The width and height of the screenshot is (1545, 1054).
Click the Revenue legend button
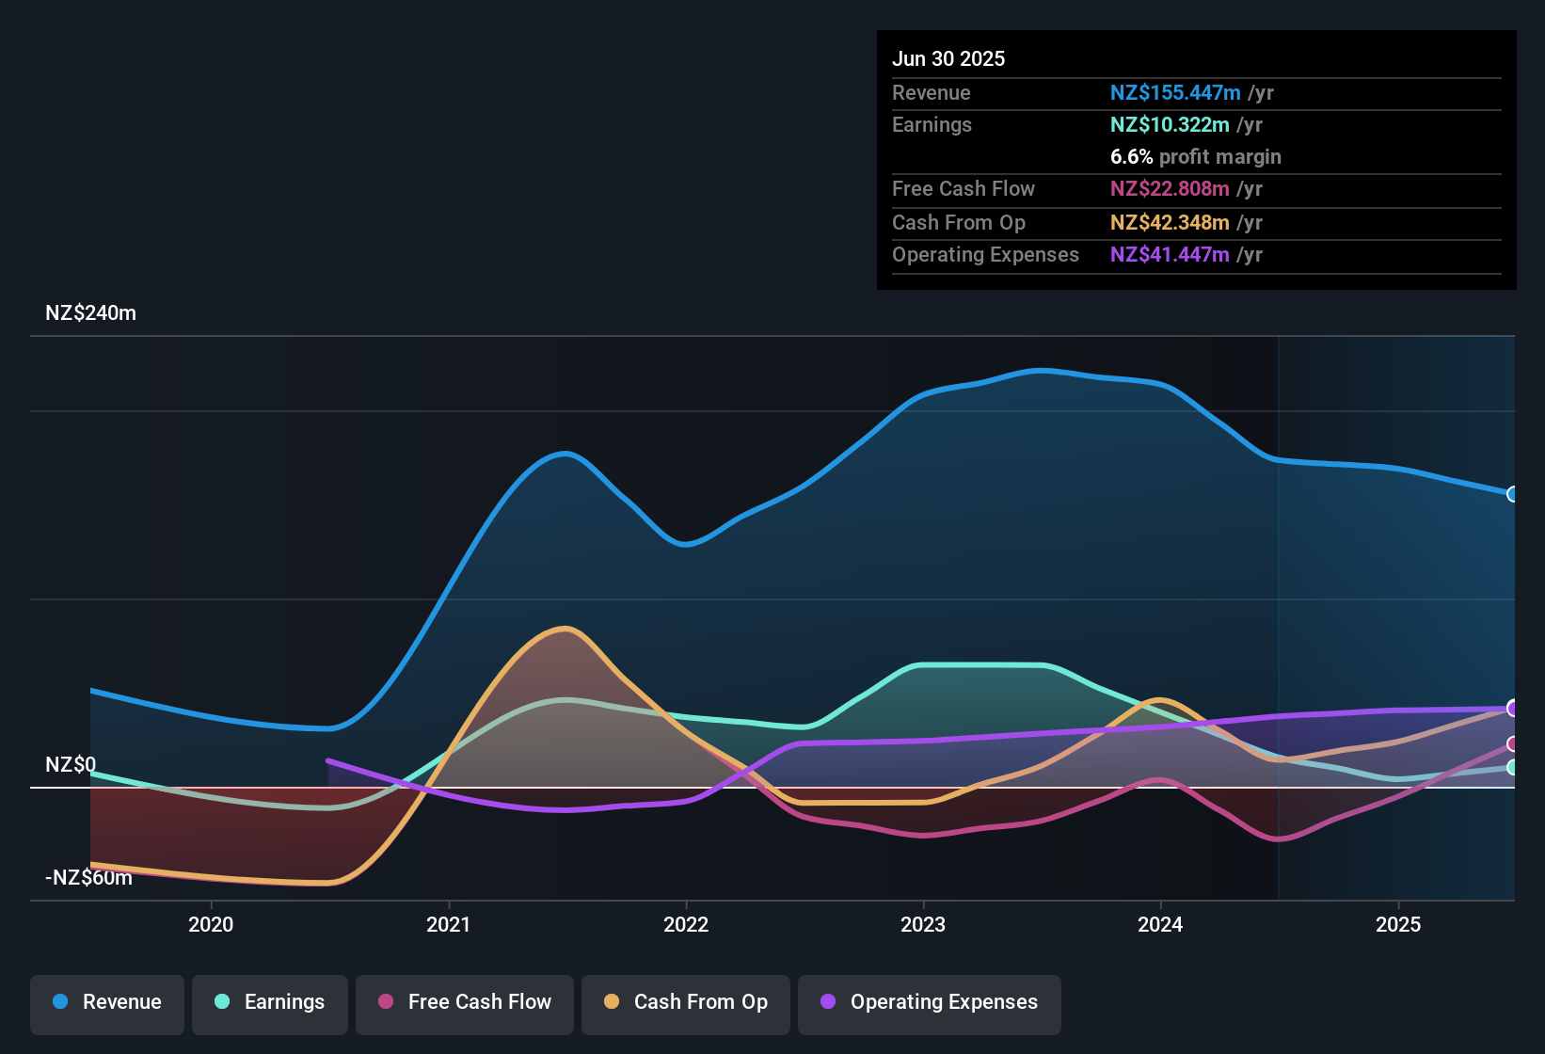click(x=107, y=1002)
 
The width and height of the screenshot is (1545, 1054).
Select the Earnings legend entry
click(x=270, y=1002)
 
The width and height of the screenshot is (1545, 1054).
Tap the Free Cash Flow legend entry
click(x=465, y=1002)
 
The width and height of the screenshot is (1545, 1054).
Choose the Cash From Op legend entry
click(x=686, y=1002)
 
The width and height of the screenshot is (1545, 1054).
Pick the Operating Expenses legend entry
click(x=930, y=1002)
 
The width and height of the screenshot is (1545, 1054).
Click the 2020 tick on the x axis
click(x=211, y=924)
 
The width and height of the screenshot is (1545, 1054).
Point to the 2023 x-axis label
click(x=923, y=924)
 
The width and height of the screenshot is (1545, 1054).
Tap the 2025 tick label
click(x=1398, y=924)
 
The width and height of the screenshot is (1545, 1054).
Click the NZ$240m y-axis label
click(x=90, y=313)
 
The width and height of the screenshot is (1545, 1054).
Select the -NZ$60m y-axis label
click(x=88, y=878)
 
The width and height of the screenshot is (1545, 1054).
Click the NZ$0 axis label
click(x=71, y=765)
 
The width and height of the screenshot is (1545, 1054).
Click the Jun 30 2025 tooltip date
click(x=948, y=59)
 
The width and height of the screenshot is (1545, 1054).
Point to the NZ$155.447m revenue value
click(x=1175, y=93)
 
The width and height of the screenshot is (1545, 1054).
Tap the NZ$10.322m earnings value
click(x=1170, y=125)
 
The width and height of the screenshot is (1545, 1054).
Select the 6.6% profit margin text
click(x=1195, y=157)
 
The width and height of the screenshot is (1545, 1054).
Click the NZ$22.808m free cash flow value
click(x=1170, y=189)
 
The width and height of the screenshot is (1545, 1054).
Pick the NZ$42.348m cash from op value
click(x=1170, y=223)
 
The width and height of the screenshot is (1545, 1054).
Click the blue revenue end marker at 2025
click(x=1512, y=494)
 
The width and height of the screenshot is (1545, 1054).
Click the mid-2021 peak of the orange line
click(x=565, y=629)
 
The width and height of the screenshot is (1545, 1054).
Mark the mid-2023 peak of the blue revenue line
click(x=1039, y=371)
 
